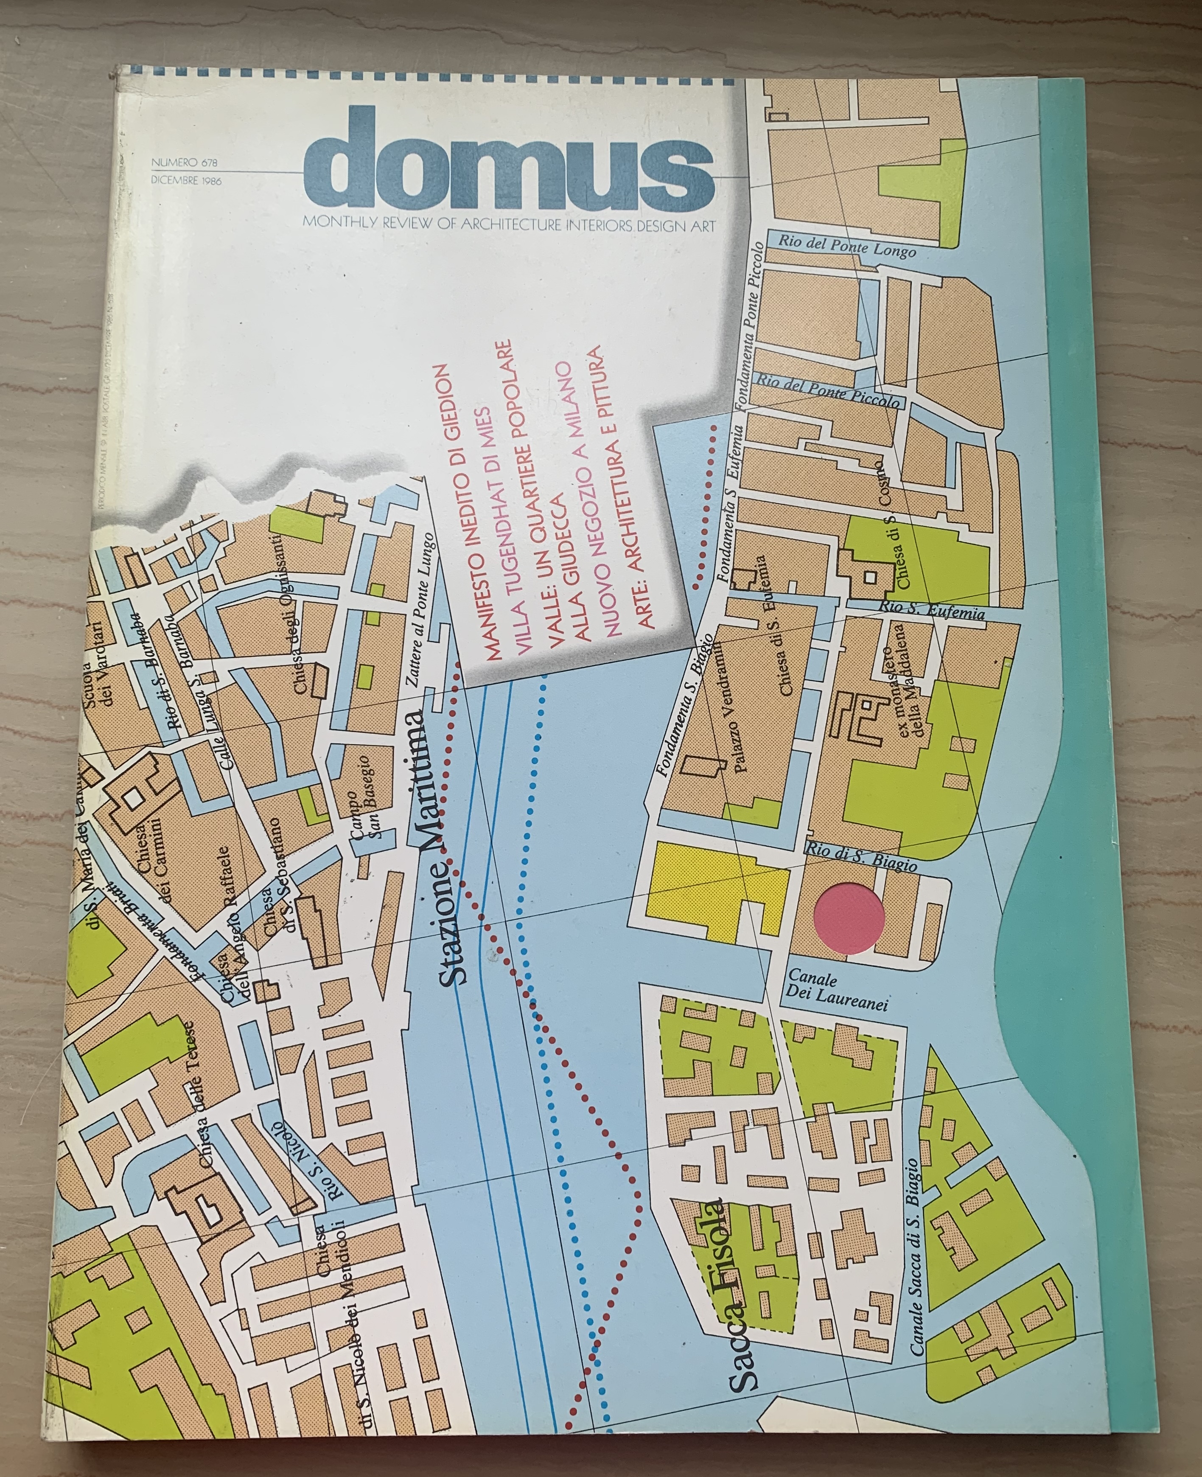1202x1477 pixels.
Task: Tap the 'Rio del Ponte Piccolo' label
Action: coord(827,390)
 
